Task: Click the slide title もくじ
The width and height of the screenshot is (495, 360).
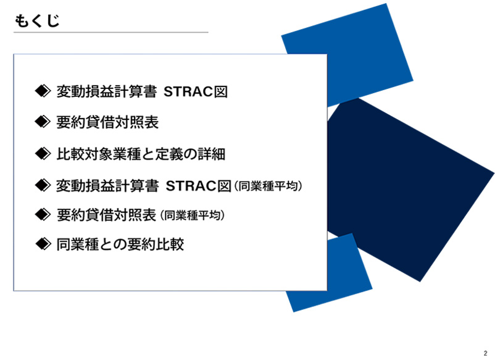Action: click(x=37, y=21)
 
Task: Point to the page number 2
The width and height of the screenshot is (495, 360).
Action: click(x=485, y=353)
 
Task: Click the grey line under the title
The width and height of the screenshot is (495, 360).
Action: click(x=111, y=32)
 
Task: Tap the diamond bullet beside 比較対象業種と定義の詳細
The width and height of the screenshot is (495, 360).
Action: click(x=43, y=154)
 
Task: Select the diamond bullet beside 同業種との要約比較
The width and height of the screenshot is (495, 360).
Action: click(x=43, y=244)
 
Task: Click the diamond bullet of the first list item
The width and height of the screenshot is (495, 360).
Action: click(x=43, y=91)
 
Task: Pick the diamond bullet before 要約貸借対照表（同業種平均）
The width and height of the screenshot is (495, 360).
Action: click(x=43, y=215)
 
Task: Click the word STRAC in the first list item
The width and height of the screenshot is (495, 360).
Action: click(x=188, y=91)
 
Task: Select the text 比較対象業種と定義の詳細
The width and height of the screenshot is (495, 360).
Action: click(x=141, y=154)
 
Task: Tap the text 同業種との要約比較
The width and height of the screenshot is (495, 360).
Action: click(x=120, y=245)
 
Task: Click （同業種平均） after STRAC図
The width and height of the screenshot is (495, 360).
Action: click(x=268, y=186)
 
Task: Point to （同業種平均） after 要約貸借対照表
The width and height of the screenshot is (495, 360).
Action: click(x=192, y=215)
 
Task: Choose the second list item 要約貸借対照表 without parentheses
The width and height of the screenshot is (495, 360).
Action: click(x=107, y=122)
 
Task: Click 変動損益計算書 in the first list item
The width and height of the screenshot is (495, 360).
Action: click(x=107, y=91)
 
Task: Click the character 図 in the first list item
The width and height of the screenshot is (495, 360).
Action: click(x=221, y=91)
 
